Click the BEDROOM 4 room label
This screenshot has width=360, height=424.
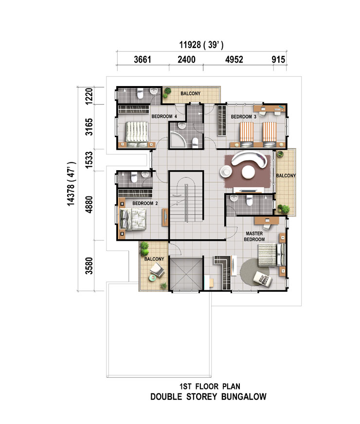pos(164,117)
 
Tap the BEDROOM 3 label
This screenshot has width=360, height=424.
pos(243,117)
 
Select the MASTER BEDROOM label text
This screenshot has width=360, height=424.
pos(254,236)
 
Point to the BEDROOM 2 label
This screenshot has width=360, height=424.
pos(145,203)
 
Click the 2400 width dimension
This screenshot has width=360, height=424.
pos(186,59)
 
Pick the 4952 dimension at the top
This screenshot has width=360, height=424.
pos(234,59)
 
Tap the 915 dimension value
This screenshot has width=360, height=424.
pos(278,59)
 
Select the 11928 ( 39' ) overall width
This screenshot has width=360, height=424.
pos(201,45)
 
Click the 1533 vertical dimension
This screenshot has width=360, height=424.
pos(89,160)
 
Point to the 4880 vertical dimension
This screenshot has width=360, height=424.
pos(89,205)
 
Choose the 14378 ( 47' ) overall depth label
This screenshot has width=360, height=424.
pos(71,184)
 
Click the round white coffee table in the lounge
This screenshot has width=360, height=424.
pos(248,172)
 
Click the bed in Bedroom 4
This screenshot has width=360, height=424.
pos(137,134)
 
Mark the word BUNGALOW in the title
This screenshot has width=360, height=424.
pos(244,397)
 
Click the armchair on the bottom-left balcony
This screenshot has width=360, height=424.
pos(158,270)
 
